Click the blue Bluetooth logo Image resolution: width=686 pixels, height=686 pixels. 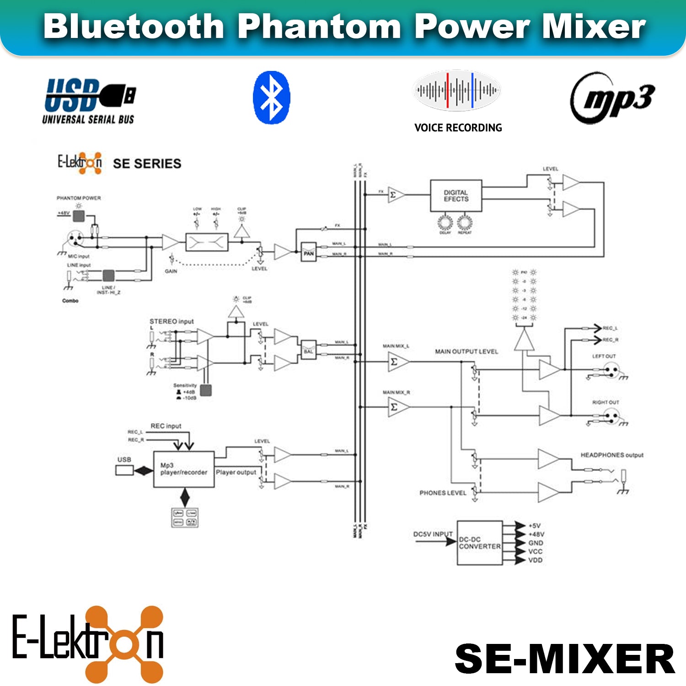pos(271,97)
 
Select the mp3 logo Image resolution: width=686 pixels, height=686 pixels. pos(612,98)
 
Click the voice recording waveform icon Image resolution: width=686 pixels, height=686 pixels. pos(456,90)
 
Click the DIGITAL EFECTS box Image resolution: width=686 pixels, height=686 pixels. pos(456,196)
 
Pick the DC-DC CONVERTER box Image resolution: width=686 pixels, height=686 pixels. pos(480,543)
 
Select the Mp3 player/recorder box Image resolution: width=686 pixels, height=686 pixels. pos(184,469)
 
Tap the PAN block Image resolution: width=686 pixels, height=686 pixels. pos(309,252)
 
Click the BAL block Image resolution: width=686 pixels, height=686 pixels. pos(309,350)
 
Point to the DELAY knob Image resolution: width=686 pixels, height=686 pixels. pos(445,223)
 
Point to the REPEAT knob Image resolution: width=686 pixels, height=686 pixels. pos(464,223)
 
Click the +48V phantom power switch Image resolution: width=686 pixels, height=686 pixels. pos(79,216)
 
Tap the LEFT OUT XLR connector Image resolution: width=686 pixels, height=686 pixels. pos(611,370)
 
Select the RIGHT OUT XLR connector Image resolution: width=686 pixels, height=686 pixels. pos(611,416)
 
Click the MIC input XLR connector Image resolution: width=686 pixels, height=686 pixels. pos(75,238)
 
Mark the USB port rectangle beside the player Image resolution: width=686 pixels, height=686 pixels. pos(124,470)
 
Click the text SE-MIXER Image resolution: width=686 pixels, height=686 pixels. pos(565,659)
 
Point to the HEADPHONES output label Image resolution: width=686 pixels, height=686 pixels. pos(612,455)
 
